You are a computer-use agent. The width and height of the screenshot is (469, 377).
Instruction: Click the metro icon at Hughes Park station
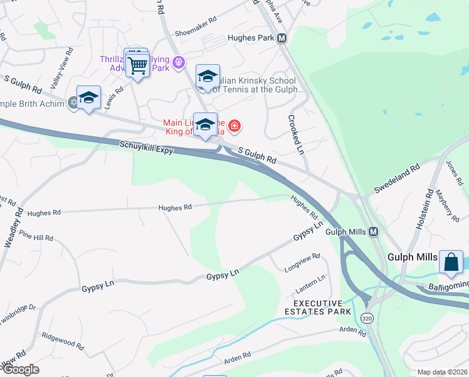[282, 38]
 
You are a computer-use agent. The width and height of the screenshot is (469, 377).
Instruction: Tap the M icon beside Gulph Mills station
[373, 232]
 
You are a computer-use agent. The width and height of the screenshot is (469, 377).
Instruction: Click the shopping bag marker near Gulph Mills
[451, 263]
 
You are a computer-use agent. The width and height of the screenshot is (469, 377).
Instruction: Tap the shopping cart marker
[137, 65]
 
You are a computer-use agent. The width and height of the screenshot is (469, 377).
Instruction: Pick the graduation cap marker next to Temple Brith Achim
[88, 98]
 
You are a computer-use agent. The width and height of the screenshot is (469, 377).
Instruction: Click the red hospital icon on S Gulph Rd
[234, 126]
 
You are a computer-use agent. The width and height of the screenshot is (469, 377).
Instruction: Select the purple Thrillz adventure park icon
[179, 62]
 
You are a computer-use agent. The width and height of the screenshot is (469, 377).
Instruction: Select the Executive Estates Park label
[318, 307]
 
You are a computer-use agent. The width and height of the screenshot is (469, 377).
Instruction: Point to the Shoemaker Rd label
[196, 19]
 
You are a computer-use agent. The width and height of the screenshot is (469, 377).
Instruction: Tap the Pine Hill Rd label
[36, 238]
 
